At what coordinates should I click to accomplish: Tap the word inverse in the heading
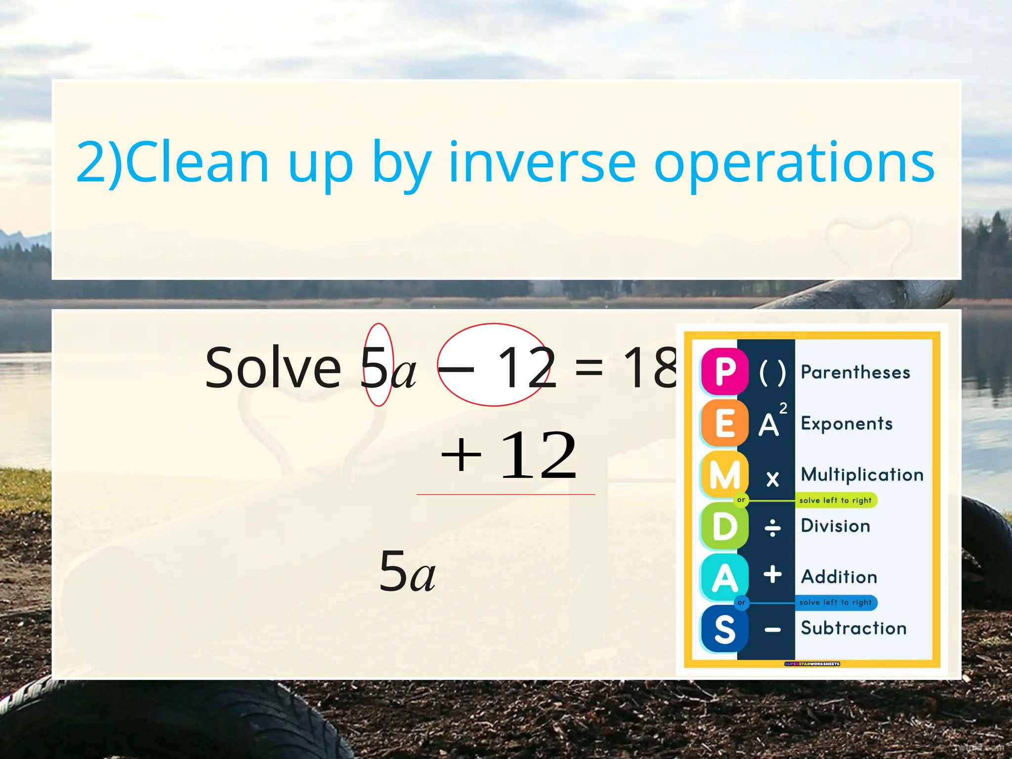tap(542, 163)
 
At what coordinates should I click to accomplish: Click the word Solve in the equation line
tap(273, 368)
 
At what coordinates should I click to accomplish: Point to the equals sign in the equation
tap(589, 368)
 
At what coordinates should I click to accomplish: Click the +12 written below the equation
tap(509, 456)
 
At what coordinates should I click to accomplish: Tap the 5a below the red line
tap(407, 572)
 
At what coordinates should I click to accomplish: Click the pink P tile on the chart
tap(724, 371)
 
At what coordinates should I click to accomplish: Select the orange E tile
tap(724, 423)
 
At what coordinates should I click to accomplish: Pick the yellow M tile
tap(724, 474)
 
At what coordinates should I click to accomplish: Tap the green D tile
tap(724, 526)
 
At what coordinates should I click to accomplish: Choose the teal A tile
tap(724, 577)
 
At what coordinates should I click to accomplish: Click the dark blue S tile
tap(724, 629)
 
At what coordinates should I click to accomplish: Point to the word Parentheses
tap(855, 372)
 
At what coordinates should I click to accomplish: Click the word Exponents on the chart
tap(846, 423)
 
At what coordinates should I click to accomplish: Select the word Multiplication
tap(862, 474)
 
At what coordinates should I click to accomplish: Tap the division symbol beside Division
tap(772, 528)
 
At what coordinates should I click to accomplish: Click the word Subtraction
tap(854, 628)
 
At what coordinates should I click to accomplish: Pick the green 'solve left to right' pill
tap(836, 500)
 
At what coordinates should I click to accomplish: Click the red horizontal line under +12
tap(506, 494)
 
